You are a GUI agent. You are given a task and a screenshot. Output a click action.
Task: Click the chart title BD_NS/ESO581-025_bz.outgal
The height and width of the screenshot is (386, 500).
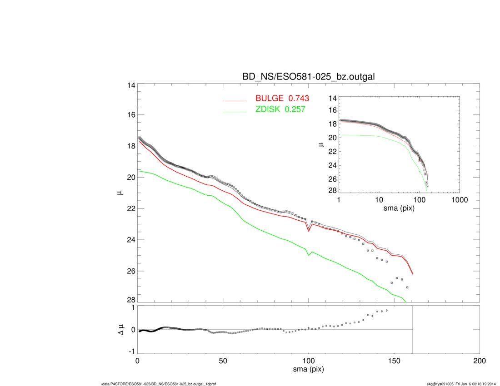pos(309,76)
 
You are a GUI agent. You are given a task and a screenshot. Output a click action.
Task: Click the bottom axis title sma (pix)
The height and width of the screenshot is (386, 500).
pos(308,370)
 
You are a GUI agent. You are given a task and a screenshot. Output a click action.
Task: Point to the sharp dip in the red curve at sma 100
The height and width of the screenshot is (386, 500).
pos(309,231)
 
